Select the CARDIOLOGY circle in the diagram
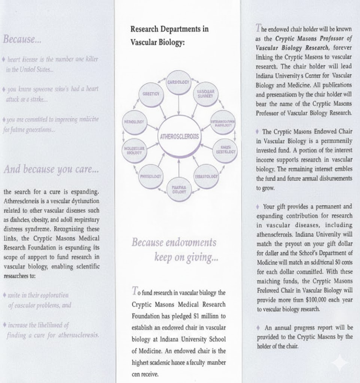coord(179,82)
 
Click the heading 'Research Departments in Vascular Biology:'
coord(169,36)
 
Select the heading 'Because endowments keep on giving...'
coord(175,249)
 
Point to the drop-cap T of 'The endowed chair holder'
coord(258,28)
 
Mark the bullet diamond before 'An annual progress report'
coord(258,328)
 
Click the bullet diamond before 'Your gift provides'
coord(258,206)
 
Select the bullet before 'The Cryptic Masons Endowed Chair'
coord(258,132)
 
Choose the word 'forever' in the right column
coord(343,48)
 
